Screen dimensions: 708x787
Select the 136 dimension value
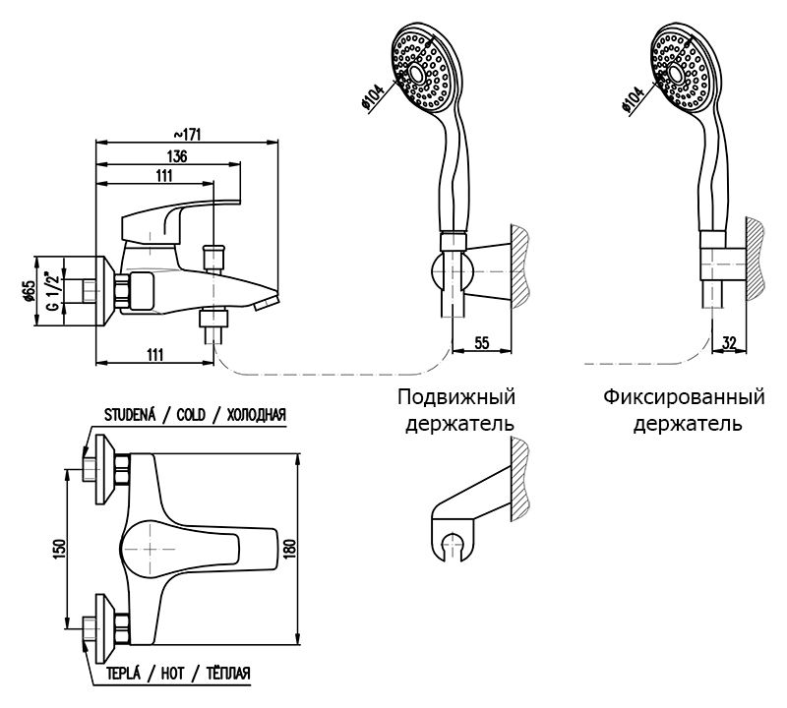177,156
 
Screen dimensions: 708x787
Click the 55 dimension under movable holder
483,342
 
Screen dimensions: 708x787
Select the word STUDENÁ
130,415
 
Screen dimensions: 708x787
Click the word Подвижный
456,398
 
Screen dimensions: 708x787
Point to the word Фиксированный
685,398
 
